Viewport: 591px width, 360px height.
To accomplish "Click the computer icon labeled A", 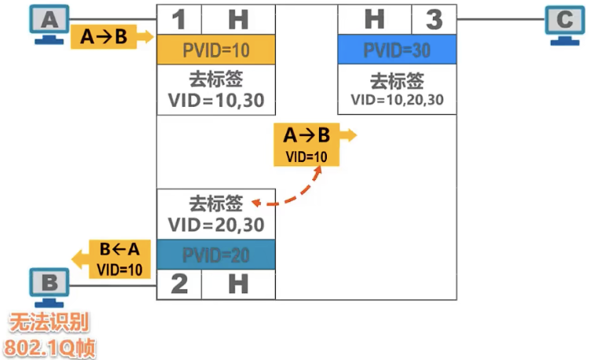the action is (x=49, y=24).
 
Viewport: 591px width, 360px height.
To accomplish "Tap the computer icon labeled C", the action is (x=564, y=25).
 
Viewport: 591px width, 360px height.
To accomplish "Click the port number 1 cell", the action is (x=179, y=20).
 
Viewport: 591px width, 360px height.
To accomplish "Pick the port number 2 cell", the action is (x=179, y=285).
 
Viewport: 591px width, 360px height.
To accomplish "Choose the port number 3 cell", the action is (x=434, y=20).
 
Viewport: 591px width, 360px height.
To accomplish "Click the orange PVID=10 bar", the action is (x=216, y=50).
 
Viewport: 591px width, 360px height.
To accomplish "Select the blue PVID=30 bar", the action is (x=397, y=50).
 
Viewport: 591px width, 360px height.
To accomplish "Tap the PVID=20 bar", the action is (x=216, y=255).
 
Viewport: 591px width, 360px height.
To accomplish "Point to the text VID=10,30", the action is (x=216, y=101).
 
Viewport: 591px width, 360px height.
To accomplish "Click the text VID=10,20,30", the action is (x=397, y=100).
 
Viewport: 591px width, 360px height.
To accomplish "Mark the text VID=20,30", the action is (x=216, y=225).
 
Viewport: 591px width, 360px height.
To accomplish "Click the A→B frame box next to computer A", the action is (x=104, y=37).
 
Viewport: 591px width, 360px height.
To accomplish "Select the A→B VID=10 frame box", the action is (x=307, y=145).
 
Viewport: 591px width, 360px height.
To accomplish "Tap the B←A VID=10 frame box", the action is (x=119, y=259).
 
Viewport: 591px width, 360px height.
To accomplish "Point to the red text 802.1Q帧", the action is (x=50, y=347).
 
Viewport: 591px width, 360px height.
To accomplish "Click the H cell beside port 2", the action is (x=238, y=285).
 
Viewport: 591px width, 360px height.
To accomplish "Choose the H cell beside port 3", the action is (x=375, y=20).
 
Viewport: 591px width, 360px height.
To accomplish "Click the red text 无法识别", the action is (x=49, y=323).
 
